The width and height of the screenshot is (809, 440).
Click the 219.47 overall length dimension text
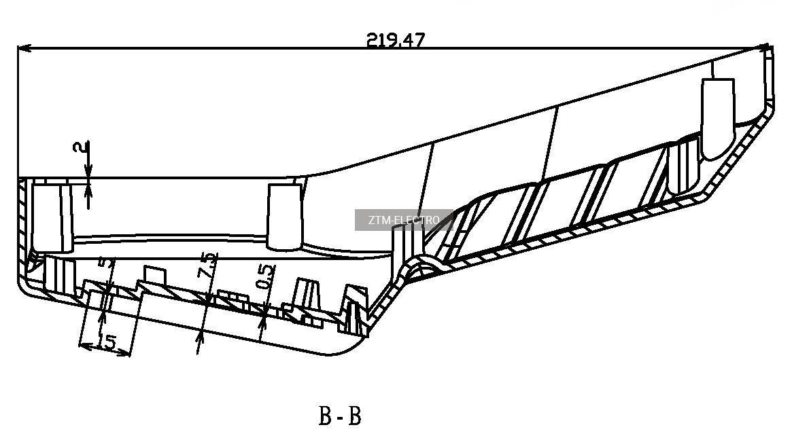click(x=395, y=39)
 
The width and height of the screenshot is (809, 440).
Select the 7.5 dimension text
click(x=208, y=265)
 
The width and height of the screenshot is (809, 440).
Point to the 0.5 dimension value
click(x=266, y=276)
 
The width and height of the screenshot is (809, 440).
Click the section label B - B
click(x=340, y=416)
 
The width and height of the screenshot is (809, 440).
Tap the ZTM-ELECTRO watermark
click(x=404, y=220)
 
